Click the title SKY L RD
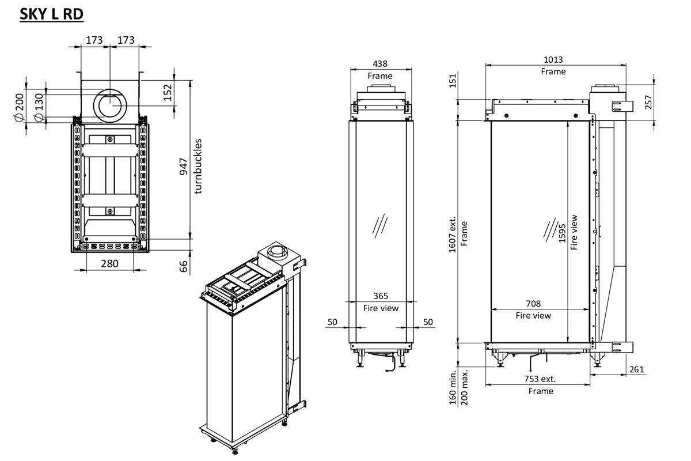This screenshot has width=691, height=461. click(52, 14)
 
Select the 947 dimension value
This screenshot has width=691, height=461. click(184, 166)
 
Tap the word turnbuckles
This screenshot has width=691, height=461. click(199, 166)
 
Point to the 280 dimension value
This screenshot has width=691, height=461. click(109, 263)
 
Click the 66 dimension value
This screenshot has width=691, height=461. click(184, 267)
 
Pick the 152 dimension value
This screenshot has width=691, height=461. click(168, 92)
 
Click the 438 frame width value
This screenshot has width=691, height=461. click(379, 64)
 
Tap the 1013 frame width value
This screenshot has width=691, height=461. click(553, 60)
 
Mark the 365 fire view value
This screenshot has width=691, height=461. click(381, 296)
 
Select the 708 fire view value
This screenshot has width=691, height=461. click(533, 304)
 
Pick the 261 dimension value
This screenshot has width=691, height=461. click(636, 369)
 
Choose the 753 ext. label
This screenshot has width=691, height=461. click(540, 379)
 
